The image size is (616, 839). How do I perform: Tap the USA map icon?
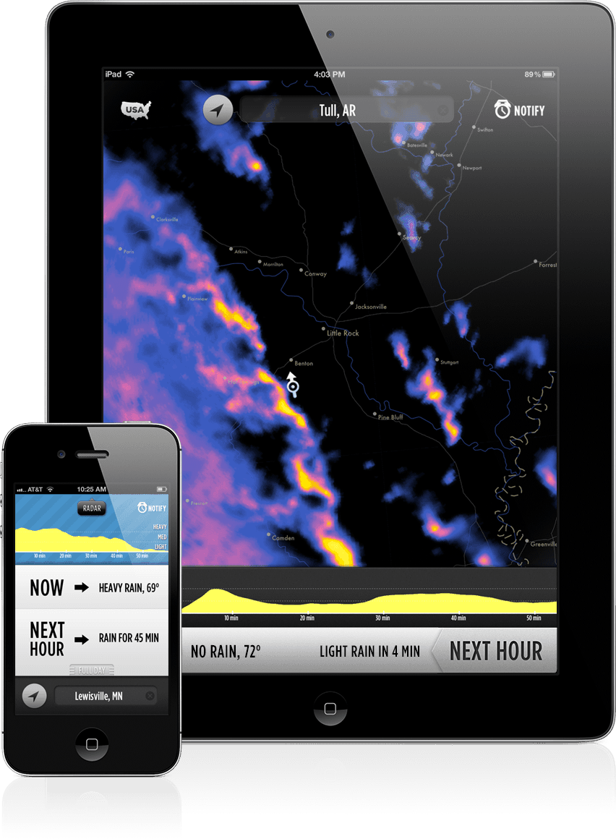coord(136,110)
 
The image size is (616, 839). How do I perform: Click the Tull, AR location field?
coord(347,111)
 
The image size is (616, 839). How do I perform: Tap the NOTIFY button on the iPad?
coord(520,111)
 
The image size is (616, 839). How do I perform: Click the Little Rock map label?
coord(343,333)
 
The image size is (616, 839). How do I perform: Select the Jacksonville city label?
coord(370,307)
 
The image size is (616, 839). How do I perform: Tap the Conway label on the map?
coord(316,274)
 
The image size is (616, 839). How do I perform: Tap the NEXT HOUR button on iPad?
coord(496,651)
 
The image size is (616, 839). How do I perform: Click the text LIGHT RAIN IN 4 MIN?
coord(369,652)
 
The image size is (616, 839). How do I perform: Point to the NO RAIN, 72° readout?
coord(226,652)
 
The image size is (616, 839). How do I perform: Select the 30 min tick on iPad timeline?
coord(382,618)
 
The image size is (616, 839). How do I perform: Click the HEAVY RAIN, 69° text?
coord(129,588)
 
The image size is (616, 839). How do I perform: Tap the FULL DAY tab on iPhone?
coord(92,670)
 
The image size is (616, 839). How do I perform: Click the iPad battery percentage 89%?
coord(532,74)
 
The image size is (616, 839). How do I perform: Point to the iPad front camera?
coord(330,34)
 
